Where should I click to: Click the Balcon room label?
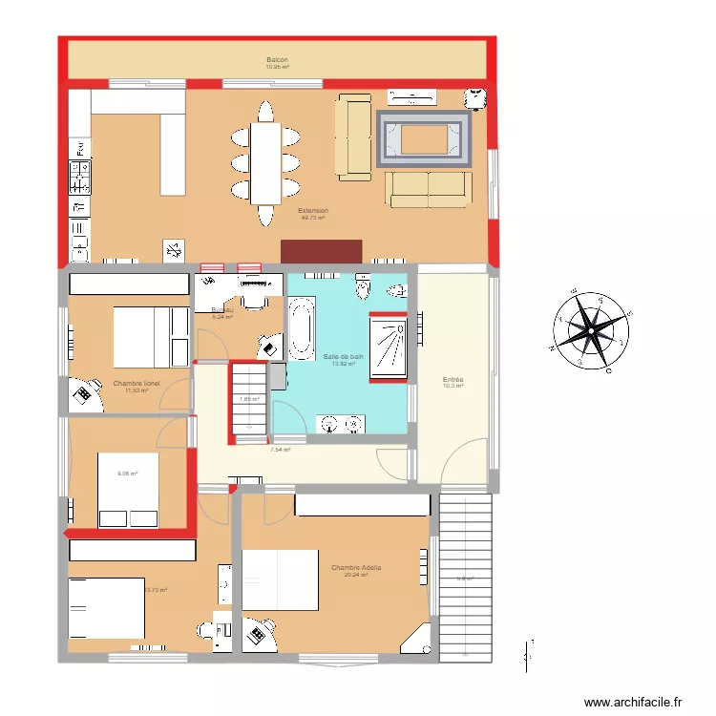pyautogui.click(x=278, y=60)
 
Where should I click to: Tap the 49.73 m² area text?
pyautogui.click(x=313, y=218)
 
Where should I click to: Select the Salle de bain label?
pyautogui.click(x=344, y=356)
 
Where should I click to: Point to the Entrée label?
pyautogui.click(x=453, y=379)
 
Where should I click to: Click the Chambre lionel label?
pyautogui.click(x=137, y=383)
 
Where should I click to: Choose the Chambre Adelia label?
pyautogui.click(x=356, y=568)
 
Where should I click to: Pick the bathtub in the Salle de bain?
pyautogui.click(x=301, y=329)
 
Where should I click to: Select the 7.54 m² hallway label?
pyautogui.click(x=281, y=449)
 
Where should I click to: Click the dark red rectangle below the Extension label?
pyautogui.click(x=321, y=251)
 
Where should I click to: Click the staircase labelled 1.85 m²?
pyautogui.click(x=250, y=401)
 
